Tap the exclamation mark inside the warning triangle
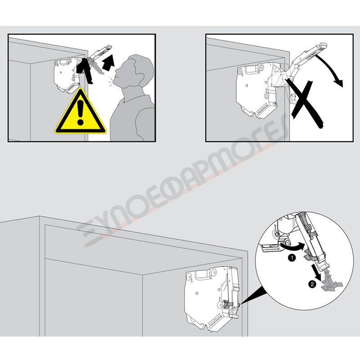(x=80, y=112)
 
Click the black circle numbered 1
(x=292, y=258)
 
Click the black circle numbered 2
(x=312, y=284)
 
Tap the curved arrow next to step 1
(x=293, y=247)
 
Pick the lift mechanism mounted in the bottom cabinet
(x=212, y=298)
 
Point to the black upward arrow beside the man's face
(x=108, y=63)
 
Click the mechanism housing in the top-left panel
(x=67, y=75)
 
